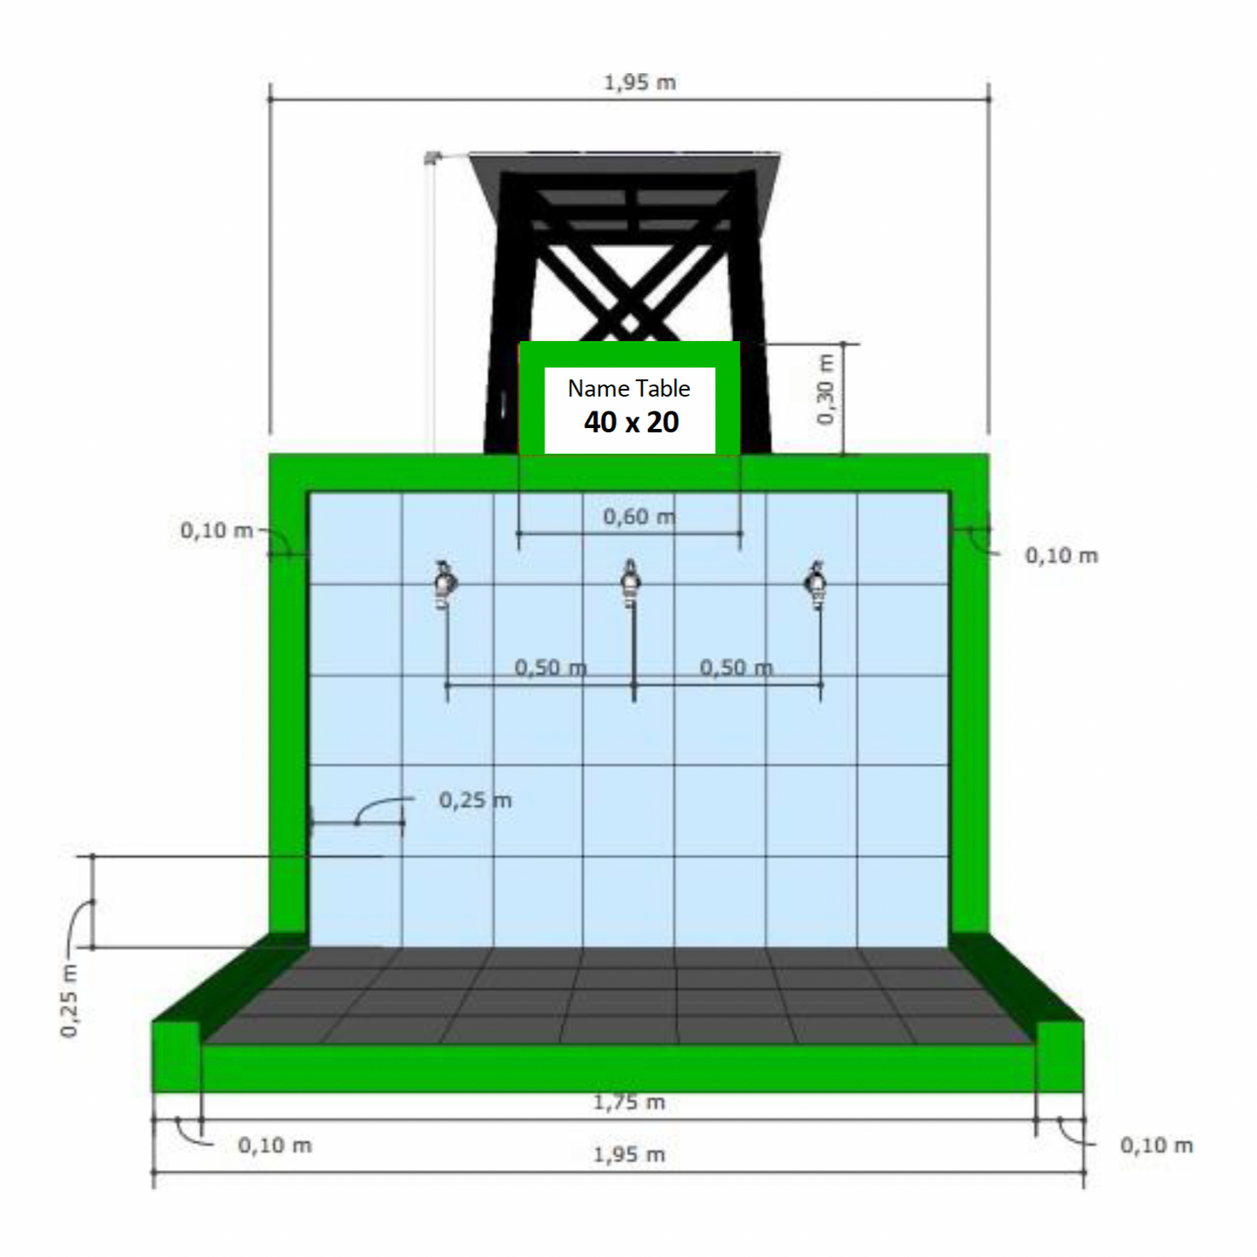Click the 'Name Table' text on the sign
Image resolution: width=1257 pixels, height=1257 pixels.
[628, 388]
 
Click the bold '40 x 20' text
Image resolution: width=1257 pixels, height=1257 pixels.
[632, 422]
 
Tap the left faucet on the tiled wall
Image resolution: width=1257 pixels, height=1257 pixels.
[445, 583]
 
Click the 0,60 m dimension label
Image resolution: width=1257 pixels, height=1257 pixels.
[639, 517]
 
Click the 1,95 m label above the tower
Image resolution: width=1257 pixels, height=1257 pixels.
[639, 83]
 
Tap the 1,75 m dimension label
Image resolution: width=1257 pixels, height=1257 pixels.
[629, 1102]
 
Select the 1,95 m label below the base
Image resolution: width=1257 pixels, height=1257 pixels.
[629, 1154]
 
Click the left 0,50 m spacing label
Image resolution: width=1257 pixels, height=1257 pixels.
[550, 667]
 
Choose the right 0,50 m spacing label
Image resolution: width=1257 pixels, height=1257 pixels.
[736, 667]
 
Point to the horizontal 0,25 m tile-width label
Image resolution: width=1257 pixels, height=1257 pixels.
[475, 799]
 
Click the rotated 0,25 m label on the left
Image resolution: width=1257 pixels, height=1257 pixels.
[70, 1000]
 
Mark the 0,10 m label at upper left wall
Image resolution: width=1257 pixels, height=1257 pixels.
[217, 530]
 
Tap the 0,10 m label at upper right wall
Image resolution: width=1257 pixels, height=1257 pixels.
[1061, 555]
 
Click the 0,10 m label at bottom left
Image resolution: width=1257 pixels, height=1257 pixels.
[275, 1145]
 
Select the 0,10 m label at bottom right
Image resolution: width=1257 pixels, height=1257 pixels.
[1156, 1145]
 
